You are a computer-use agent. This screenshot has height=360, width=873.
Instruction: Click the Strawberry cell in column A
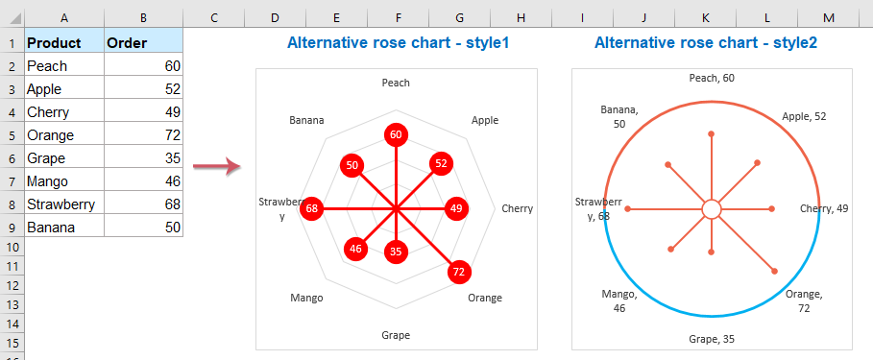pos(61,204)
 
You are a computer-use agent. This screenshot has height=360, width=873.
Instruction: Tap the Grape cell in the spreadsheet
pos(45,157)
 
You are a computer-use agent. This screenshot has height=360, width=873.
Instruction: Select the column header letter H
pos(520,17)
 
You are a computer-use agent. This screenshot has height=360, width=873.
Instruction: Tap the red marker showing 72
pos(459,272)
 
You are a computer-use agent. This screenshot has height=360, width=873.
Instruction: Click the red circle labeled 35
pos(395,252)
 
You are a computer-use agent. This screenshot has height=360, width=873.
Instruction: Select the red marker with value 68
pos(311,208)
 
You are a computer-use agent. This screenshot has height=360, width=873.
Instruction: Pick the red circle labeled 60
pos(395,134)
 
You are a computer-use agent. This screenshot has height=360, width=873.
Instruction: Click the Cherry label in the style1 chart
pos(517,208)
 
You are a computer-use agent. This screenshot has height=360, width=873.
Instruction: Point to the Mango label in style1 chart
pos(306,298)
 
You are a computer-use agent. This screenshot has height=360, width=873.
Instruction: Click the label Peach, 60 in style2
pos(712,78)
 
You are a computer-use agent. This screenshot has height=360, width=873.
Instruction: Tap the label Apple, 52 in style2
pos(804,116)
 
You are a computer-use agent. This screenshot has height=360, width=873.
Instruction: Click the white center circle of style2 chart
pos(711,208)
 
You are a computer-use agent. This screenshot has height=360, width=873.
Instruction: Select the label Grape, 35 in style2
pos(712,339)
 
